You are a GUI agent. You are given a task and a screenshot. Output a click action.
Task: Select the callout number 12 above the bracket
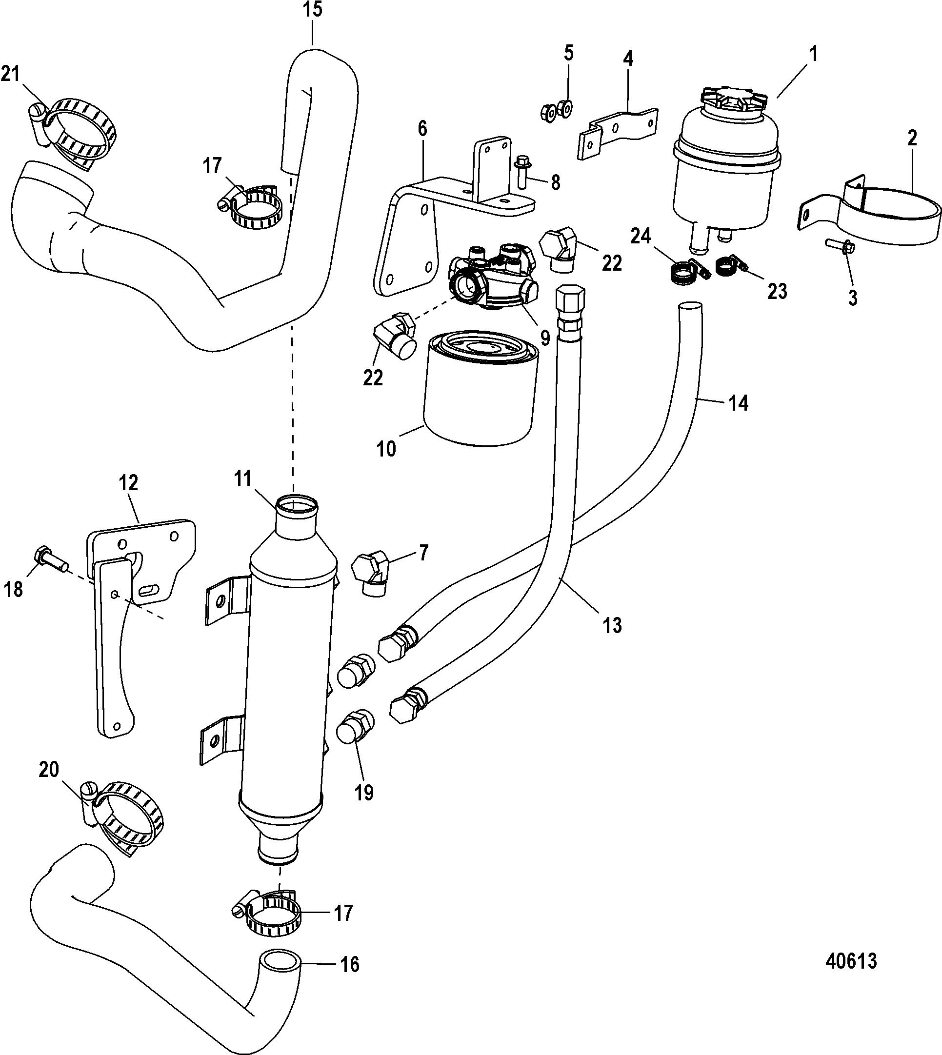pos(128,483)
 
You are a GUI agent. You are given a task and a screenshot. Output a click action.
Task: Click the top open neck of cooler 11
pos(296,504)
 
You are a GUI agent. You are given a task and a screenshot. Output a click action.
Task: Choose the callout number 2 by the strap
pos(912,138)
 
